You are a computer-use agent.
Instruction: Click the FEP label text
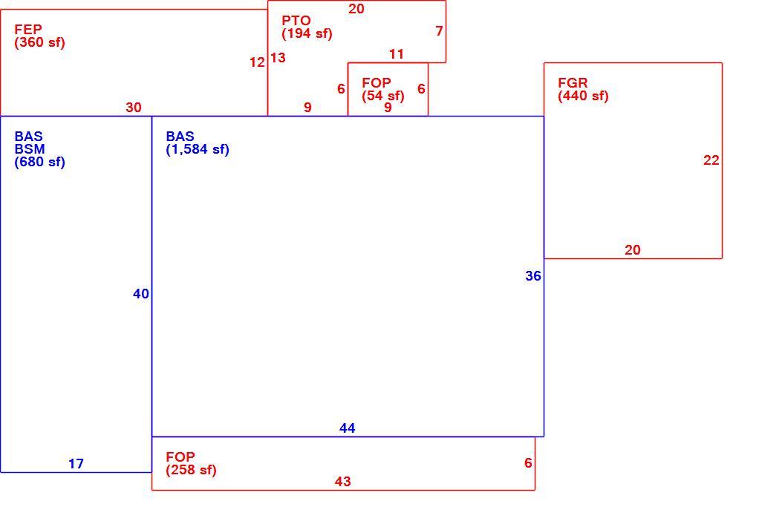(x=28, y=29)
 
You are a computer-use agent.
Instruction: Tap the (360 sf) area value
(x=39, y=42)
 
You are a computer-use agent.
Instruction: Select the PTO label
(x=296, y=21)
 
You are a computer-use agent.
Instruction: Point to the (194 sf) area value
(x=307, y=34)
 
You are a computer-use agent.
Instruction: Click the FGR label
(x=573, y=82)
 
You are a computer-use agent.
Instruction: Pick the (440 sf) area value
(x=583, y=96)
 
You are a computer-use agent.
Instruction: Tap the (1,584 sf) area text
(x=198, y=149)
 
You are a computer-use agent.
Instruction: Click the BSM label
(x=30, y=149)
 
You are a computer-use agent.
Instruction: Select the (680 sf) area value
(x=39, y=162)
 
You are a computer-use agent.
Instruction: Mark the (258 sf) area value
(x=191, y=470)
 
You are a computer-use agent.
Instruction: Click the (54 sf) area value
(x=383, y=96)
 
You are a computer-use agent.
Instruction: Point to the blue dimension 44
(x=347, y=428)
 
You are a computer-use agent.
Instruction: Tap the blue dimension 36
(x=533, y=276)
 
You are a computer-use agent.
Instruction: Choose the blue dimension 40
(x=141, y=294)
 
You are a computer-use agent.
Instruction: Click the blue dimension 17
(x=76, y=464)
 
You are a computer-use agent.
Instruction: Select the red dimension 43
(x=342, y=482)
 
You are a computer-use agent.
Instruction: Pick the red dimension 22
(x=711, y=160)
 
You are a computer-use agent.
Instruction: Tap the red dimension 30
(x=134, y=108)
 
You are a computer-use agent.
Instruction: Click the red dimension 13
(x=278, y=58)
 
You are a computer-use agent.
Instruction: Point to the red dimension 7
(x=439, y=31)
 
